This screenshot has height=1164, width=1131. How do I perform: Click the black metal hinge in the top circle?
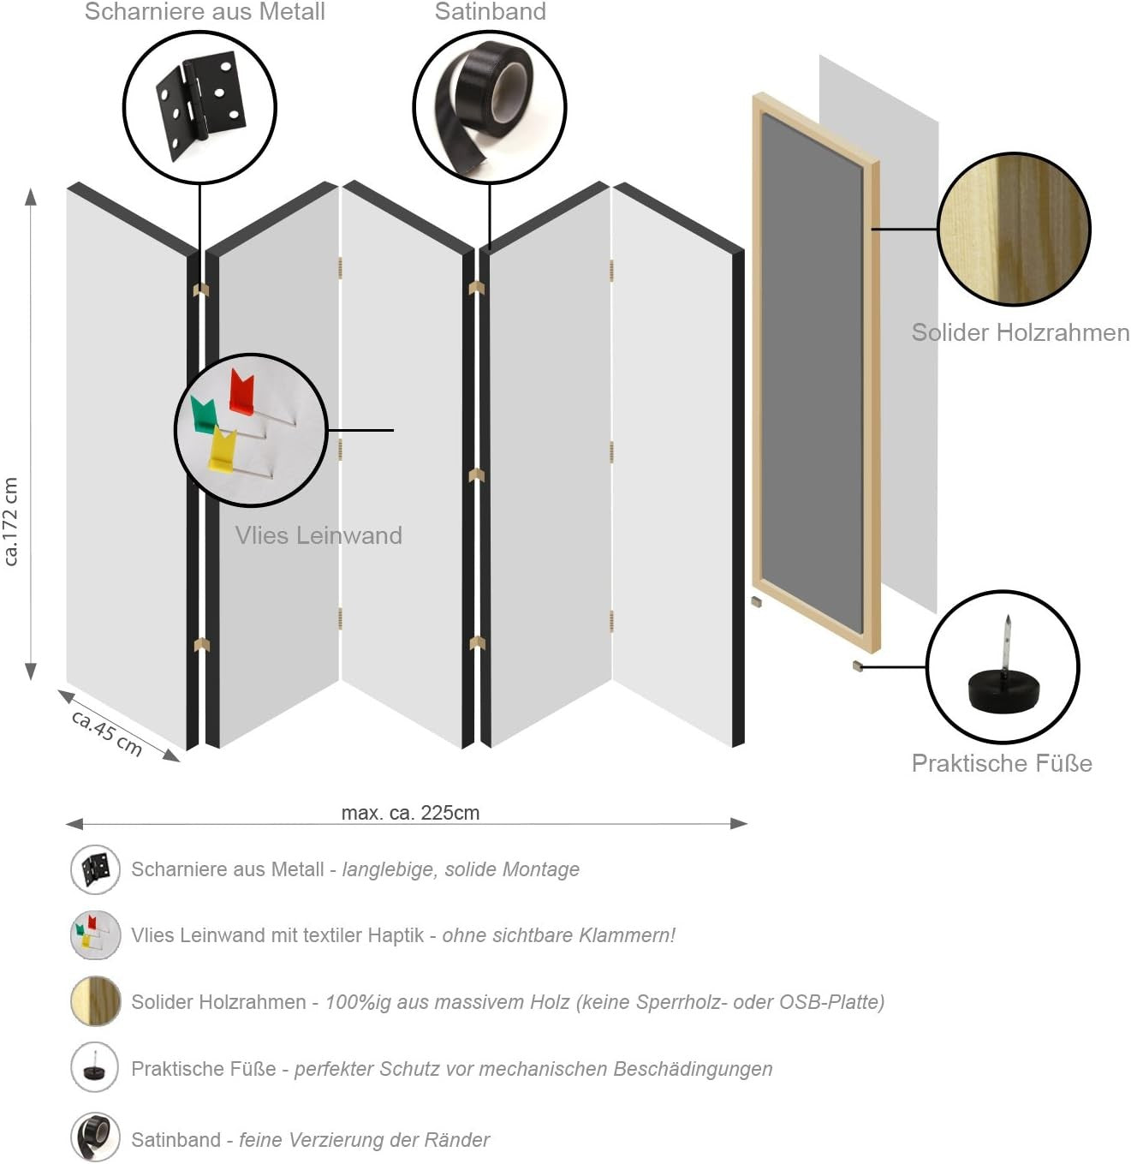click(x=201, y=105)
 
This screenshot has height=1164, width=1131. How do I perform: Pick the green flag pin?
click(x=202, y=414)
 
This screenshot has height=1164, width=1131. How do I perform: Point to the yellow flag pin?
click(x=222, y=450)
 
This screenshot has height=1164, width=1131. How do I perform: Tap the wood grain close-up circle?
click(x=1014, y=229)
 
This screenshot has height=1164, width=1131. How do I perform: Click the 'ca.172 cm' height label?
click(x=11, y=521)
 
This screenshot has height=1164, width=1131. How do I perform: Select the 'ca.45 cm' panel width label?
click(x=107, y=732)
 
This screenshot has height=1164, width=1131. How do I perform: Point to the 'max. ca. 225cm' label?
click(x=410, y=812)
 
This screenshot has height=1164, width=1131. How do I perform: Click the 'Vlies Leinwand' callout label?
click(x=318, y=535)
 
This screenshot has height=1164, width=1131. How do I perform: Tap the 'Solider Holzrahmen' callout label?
click(x=1020, y=332)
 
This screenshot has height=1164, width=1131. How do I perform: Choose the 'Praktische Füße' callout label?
click(x=1002, y=762)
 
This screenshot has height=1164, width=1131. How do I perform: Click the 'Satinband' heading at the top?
click(x=491, y=11)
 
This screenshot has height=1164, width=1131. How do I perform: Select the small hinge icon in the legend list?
click(x=96, y=869)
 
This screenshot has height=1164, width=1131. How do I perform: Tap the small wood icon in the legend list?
click(x=96, y=1001)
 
